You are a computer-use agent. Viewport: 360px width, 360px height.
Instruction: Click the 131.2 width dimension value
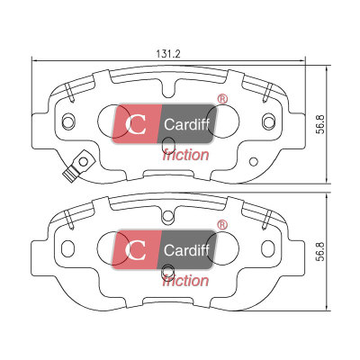(x=168, y=54)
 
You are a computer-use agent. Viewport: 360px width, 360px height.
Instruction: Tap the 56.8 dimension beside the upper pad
(x=321, y=124)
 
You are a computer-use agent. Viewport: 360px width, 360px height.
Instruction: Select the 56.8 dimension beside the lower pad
(x=321, y=251)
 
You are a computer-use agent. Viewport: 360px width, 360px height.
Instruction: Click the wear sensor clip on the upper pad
(x=76, y=166)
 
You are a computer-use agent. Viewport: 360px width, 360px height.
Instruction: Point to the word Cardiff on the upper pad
(x=186, y=124)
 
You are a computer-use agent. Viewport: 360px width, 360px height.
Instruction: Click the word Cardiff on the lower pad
(x=186, y=250)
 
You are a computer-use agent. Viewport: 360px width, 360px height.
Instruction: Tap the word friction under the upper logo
(x=185, y=155)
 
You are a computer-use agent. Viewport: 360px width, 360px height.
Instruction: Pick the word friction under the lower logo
(x=185, y=281)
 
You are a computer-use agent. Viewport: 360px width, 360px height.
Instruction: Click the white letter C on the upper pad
(x=136, y=124)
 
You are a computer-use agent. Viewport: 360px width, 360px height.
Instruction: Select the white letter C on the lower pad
(x=136, y=250)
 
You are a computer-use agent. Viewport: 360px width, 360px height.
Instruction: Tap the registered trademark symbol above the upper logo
(x=222, y=99)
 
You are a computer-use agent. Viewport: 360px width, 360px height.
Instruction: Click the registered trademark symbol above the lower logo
(x=222, y=225)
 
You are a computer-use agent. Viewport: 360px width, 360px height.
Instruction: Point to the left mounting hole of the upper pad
(x=68, y=121)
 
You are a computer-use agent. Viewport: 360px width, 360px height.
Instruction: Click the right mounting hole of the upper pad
(x=268, y=121)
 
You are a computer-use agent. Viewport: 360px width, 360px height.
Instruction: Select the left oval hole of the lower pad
(x=67, y=247)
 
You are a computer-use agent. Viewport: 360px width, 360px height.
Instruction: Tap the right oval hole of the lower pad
(x=268, y=247)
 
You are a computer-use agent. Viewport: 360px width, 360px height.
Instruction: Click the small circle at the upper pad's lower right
(x=254, y=162)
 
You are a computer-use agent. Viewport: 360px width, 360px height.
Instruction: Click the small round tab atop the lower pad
(x=168, y=217)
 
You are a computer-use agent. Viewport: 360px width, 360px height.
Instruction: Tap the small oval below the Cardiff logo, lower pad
(x=167, y=272)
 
